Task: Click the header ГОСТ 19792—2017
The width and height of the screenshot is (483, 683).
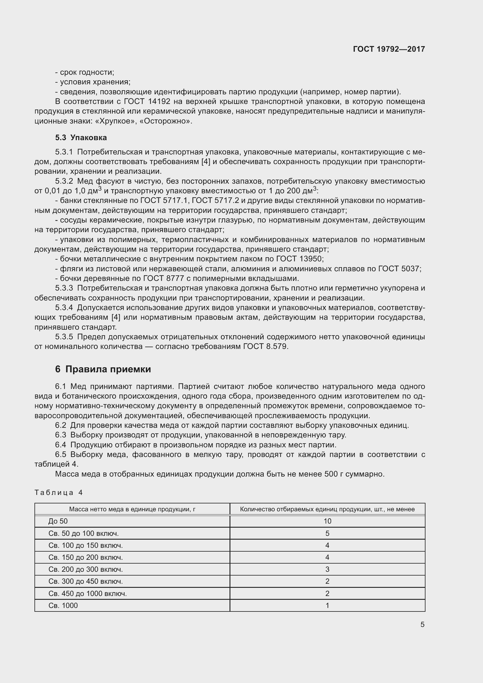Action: [x=389, y=49]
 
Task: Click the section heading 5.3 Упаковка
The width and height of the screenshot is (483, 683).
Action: [x=81, y=138]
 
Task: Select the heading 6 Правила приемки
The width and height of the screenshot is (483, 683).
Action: [x=103, y=369]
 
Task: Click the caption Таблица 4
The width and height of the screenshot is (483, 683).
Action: [x=58, y=493]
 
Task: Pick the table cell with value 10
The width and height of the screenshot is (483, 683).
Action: [x=327, y=521]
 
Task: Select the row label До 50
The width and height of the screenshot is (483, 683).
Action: [x=58, y=521]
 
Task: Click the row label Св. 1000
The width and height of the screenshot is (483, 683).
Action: [x=63, y=605]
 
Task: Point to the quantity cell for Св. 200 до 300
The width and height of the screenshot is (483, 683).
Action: [x=327, y=569]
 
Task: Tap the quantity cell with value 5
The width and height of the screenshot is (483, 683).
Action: [x=327, y=533]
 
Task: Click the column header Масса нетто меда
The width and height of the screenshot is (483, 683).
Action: [x=132, y=509]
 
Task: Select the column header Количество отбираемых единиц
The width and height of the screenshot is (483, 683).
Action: [x=327, y=509]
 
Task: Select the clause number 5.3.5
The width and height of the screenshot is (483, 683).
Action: [x=64, y=337]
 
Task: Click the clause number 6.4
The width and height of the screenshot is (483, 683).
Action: [x=60, y=445]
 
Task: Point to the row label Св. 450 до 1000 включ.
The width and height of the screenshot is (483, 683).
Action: [x=87, y=593]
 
